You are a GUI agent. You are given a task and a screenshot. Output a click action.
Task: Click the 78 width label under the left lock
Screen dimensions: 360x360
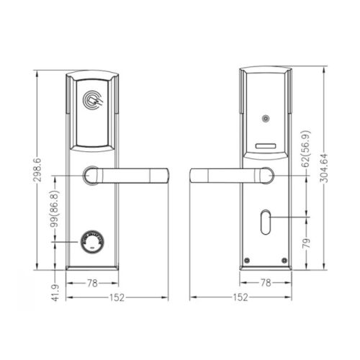click(x=92, y=283)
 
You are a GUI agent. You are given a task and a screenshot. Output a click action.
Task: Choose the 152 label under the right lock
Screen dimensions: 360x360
click(x=242, y=296)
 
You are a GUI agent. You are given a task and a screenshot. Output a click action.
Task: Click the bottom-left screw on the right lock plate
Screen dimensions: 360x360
click(x=248, y=261)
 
